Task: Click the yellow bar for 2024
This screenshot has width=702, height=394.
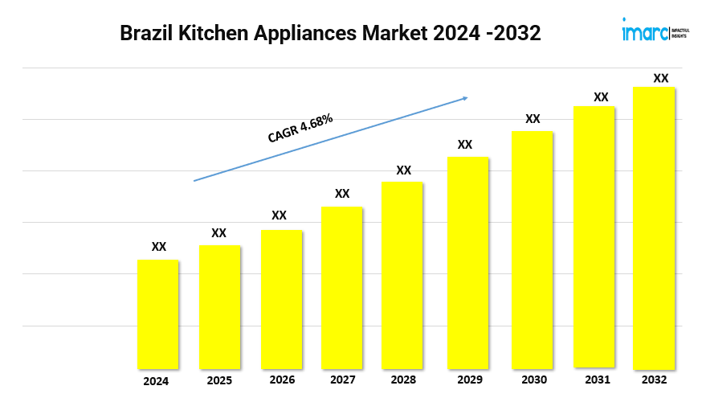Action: pyautogui.click(x=158, y=314)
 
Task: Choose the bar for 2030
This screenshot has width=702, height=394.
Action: pyautogui.click(x=533, y=249)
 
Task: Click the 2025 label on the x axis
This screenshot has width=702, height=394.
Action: pyautogui.click(x=218, y=380)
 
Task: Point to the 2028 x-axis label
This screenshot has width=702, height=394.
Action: pyautogui.click(x=402, y=380)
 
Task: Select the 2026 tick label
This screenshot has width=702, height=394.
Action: pyautogui.click(x=282, y=380)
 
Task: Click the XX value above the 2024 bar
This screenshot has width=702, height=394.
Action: pyautogui.click(x=159, y=247)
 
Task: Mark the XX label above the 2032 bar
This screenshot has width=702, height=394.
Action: pyautogui.click(x=660, y=78)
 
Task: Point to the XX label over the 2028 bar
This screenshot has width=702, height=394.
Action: pyautogui.click(x=403, y=170)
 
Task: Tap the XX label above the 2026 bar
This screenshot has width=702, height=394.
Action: pyautogui.click(x=279, y=215)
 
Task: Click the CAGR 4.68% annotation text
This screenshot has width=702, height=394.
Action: pyautogui.click(x=300, y=129)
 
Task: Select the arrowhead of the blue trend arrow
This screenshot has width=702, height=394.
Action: pyautogui.click(x=463, y=99)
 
